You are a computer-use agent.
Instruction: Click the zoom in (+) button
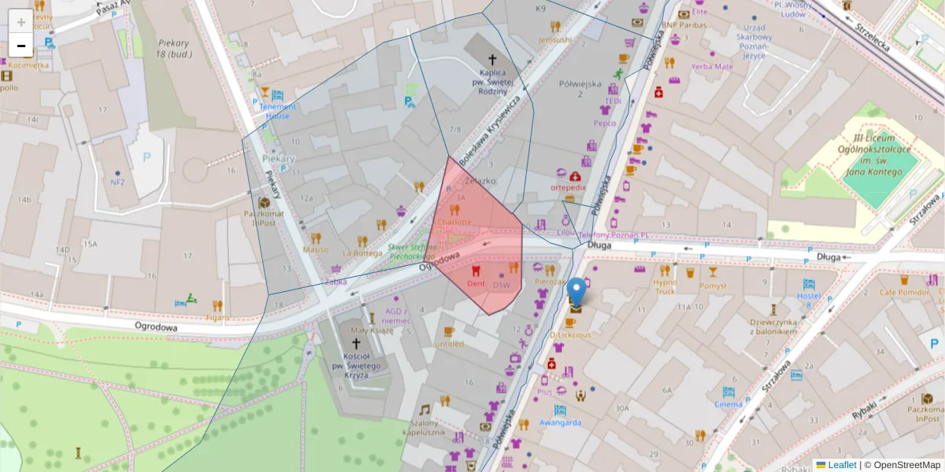click(x=21, y=22)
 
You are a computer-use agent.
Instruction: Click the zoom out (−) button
click(x=21, y=46)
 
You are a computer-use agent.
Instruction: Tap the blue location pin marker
click(x=576, y=293)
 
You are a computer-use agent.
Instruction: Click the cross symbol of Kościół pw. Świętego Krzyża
click(x=356, y=343)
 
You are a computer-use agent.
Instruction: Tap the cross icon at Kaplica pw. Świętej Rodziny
click(x=494, y=59)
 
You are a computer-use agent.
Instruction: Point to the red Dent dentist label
click(x=475, y=282)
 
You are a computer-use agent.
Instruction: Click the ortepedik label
click(x=568, y=188)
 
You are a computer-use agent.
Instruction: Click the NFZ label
click(x=118, y=183)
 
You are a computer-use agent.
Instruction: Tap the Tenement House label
click(x=277, y=111)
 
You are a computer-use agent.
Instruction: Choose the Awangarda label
click(x=560, y=422)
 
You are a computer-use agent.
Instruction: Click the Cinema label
click(x=728, y=404)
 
